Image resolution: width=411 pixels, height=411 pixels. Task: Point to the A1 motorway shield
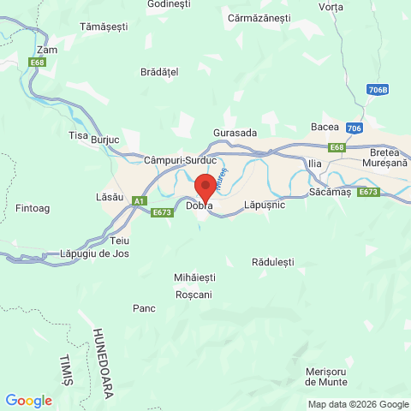[138, 200]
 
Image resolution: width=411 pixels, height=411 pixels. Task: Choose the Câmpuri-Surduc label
[180, 160]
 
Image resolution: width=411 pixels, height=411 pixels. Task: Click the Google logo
[28, 400]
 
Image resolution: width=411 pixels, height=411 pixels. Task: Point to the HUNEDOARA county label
[104, 360]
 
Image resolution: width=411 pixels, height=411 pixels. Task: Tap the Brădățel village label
[159, 73]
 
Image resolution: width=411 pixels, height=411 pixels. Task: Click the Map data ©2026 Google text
[358, 404]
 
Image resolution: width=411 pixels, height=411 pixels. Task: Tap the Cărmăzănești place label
[258, 17]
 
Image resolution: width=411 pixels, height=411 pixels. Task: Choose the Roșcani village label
[193, 294]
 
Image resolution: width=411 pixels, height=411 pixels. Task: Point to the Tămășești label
[102, 28]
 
